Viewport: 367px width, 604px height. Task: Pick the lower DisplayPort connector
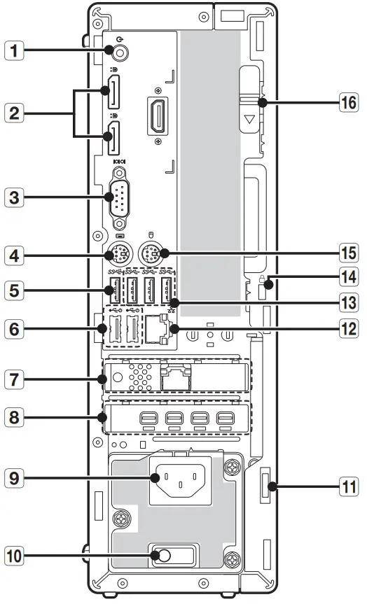pyautogui.click(x=112, y=138)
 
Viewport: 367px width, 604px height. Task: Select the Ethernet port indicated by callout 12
pyautogui.click(x=157, y=328)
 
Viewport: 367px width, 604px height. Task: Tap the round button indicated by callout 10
pyautogui.click(x=163, y=556)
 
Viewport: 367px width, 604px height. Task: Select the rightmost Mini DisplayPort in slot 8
pyautogui.click(x=224, y=420)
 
